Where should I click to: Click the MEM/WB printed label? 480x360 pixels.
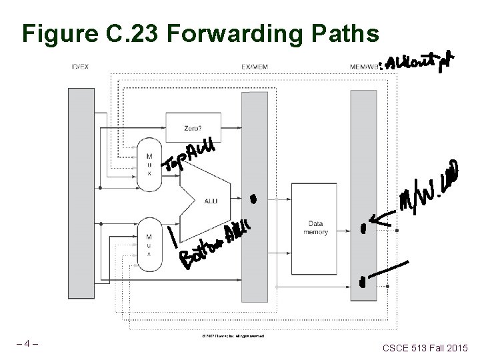[x=362, y=66]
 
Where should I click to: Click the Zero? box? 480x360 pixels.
[x=189, y=127]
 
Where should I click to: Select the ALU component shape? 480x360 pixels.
[x=207, y=197]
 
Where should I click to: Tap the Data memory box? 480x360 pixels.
[x=315, y=226]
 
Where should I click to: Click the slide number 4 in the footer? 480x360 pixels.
[x=28, y=345]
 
